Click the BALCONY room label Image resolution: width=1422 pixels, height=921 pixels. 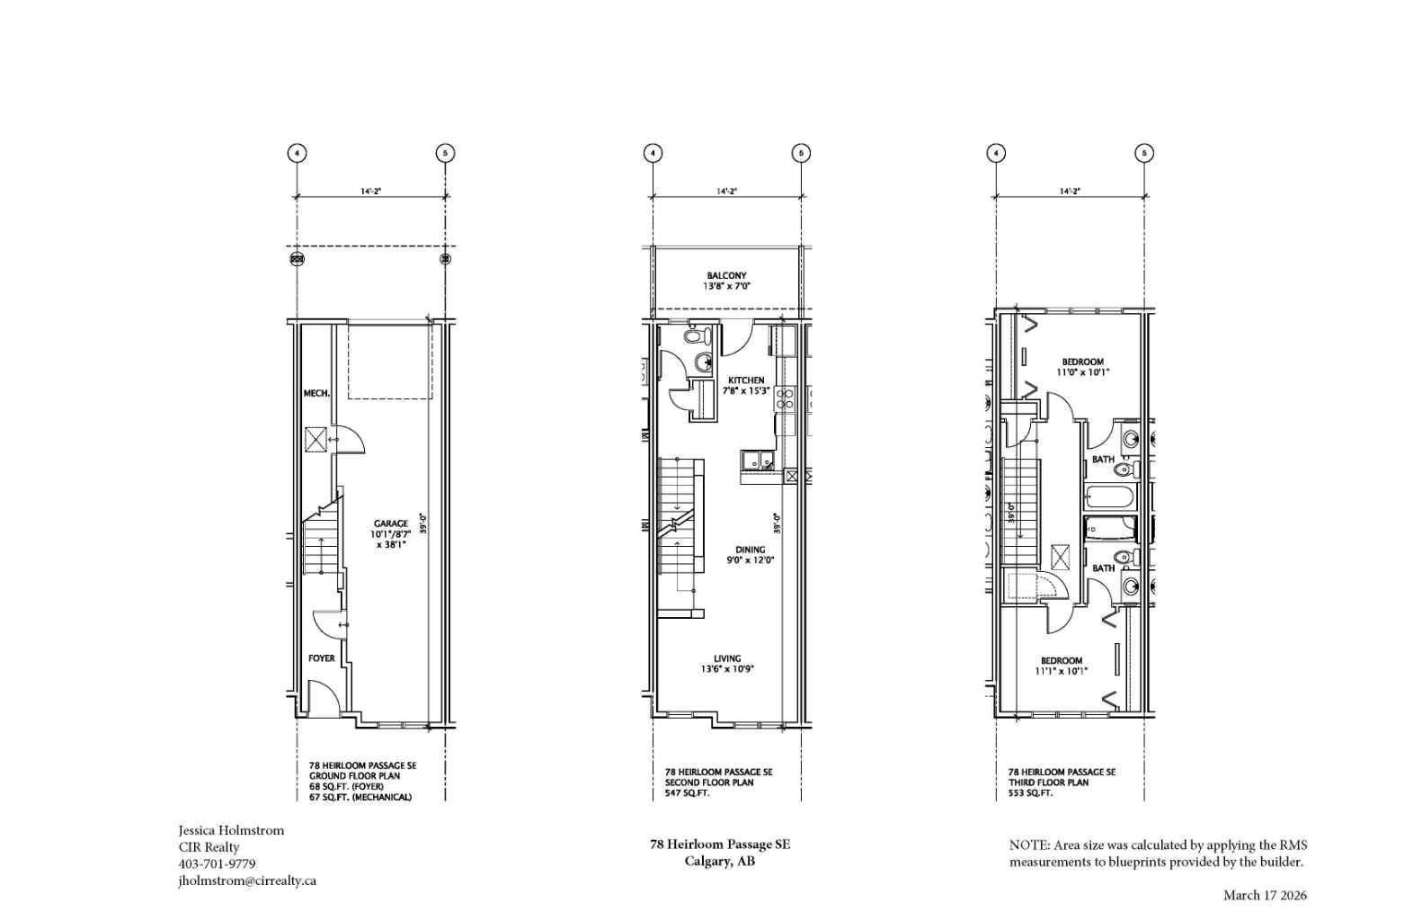726,281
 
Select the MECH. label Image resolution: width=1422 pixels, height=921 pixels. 316,393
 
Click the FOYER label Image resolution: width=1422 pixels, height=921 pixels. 321,658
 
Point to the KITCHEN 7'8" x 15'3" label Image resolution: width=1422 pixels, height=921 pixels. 746,385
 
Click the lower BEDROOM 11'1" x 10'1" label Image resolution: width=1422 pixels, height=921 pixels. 1061,666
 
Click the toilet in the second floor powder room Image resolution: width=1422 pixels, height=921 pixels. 697,337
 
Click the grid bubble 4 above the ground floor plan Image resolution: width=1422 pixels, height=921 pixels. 297,153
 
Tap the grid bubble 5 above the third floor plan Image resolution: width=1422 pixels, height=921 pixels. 1143,153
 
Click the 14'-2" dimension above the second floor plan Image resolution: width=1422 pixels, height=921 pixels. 726,191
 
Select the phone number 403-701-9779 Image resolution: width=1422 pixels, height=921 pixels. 217,863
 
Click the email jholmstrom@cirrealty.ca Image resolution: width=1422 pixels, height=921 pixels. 247,881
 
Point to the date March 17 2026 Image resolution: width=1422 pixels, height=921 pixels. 1265,895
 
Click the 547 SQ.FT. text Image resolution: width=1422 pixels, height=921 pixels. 687,793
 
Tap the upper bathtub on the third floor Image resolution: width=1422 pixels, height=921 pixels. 1110,496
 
